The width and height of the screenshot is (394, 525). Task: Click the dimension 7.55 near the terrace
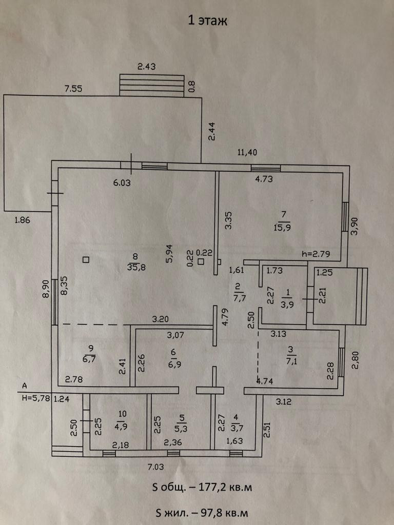tap(73, 89)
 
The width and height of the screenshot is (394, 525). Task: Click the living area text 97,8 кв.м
tap(219, 511)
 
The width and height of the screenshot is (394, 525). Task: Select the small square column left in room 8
tap(86, 259)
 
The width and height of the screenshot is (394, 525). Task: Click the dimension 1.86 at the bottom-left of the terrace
tap(22, 220)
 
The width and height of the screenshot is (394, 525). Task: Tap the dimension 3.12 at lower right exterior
tap(284, 402)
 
